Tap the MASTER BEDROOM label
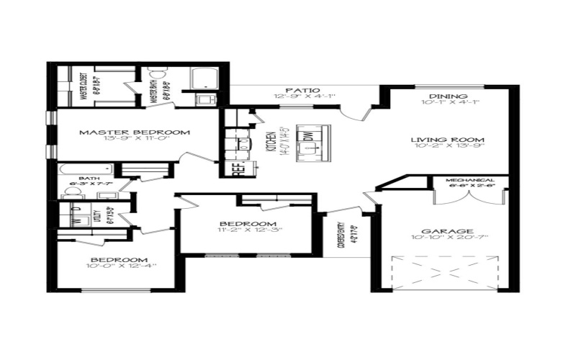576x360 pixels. (135, 132)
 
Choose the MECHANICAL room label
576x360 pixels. (469, 179)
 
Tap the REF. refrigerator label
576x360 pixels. (238, 170)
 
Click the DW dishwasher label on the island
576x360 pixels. (307, 135)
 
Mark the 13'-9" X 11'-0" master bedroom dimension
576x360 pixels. (135, 141)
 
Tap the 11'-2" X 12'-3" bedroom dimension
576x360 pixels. (249, 231)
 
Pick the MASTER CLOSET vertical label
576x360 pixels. (84, 88)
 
